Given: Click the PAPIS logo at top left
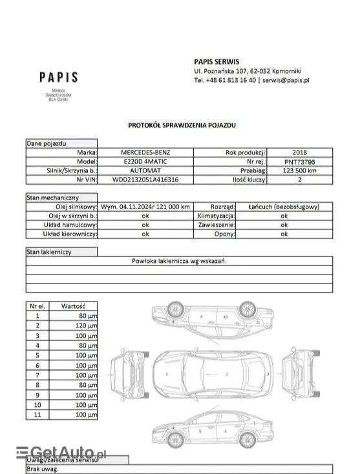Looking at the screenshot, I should [58, 77].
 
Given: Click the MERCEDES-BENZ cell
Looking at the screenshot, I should [145, 152].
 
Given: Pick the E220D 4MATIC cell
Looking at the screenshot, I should [145, 161].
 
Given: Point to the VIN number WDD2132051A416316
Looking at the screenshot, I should [145, 180].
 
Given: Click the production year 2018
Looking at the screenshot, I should [300, 152].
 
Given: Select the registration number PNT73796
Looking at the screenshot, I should [300, 161].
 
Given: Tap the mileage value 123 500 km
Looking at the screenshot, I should [300, 170].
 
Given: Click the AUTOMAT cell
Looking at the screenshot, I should [145, 170].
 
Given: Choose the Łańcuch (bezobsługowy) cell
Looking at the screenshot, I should [284, 207].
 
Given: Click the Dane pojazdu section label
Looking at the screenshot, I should [47, 143].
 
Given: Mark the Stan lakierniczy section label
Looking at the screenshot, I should [49, 252].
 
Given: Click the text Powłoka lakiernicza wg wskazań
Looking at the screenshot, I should [179, 261].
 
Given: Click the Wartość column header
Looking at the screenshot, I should [78, 305].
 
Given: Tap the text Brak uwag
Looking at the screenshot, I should [43, 469].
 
